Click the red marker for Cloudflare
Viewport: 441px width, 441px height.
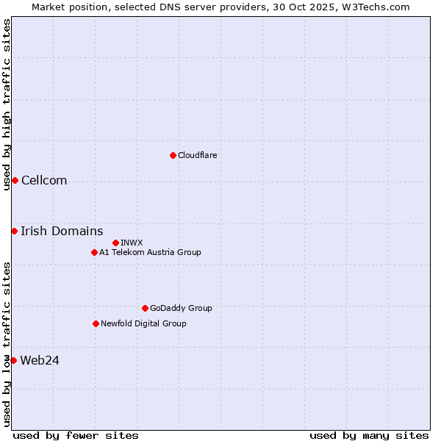(x=173, y=155)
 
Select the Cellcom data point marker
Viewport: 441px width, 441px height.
(x=15, y=181)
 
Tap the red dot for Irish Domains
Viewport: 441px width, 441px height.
(x=14, y=232)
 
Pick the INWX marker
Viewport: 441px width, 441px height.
(x=115, y=243)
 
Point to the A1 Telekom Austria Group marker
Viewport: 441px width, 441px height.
(x=94, y=252)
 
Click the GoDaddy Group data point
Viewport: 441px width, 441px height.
(x=145, y=308)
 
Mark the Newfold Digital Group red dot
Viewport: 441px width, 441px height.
(x=96, y=323)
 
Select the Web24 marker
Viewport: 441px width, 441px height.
(x=13, y=360)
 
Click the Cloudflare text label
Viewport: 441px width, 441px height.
(x=197, y=155)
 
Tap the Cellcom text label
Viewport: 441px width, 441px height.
(x=44, y=181)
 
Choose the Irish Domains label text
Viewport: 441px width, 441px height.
(x=62, y=232)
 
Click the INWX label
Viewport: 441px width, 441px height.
(x=132, y=243)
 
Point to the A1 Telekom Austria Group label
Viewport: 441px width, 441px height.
(x=150, y=252)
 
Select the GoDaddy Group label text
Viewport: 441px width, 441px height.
(x=181, y=308)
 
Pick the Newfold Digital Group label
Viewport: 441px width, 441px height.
(x=143, y=323)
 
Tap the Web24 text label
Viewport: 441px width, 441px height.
(x=40, y=360)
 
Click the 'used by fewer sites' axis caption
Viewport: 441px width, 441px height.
(x=76, y=435)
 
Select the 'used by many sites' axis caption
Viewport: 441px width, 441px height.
(x=369, y=435)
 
